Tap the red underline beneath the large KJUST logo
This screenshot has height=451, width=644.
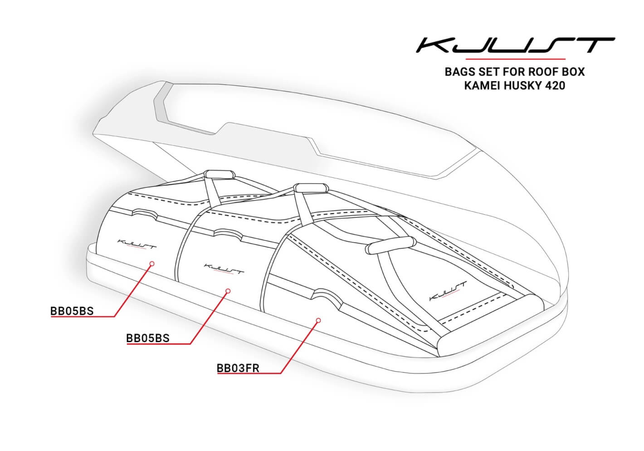tap(516, 59)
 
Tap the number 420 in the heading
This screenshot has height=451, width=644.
tap(555, 85)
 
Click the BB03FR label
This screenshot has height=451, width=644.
tap(238, 368)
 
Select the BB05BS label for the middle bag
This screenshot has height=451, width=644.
tap(147, 338)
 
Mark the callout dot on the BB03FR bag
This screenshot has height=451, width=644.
tap(318, 320)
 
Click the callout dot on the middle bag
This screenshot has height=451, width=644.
tap(228, 290)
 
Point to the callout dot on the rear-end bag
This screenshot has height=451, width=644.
tap(152, 263)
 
